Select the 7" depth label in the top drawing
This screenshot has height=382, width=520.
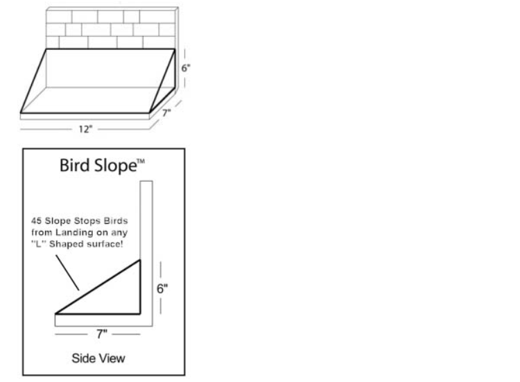tap(166, 112)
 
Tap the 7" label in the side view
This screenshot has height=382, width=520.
tap(102, 333)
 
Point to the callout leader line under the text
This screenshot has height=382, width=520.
tap(68, 272)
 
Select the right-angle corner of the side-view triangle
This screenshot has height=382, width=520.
tap(140, 313)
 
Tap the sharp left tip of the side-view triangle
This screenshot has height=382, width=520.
tap(57, 313)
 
